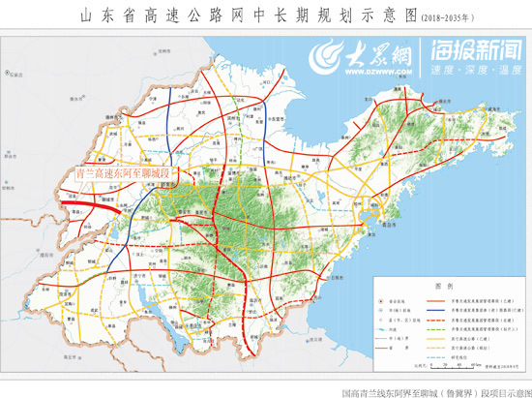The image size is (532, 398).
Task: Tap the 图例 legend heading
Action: click(440, 288)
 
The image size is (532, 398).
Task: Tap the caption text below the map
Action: click(434, 391)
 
